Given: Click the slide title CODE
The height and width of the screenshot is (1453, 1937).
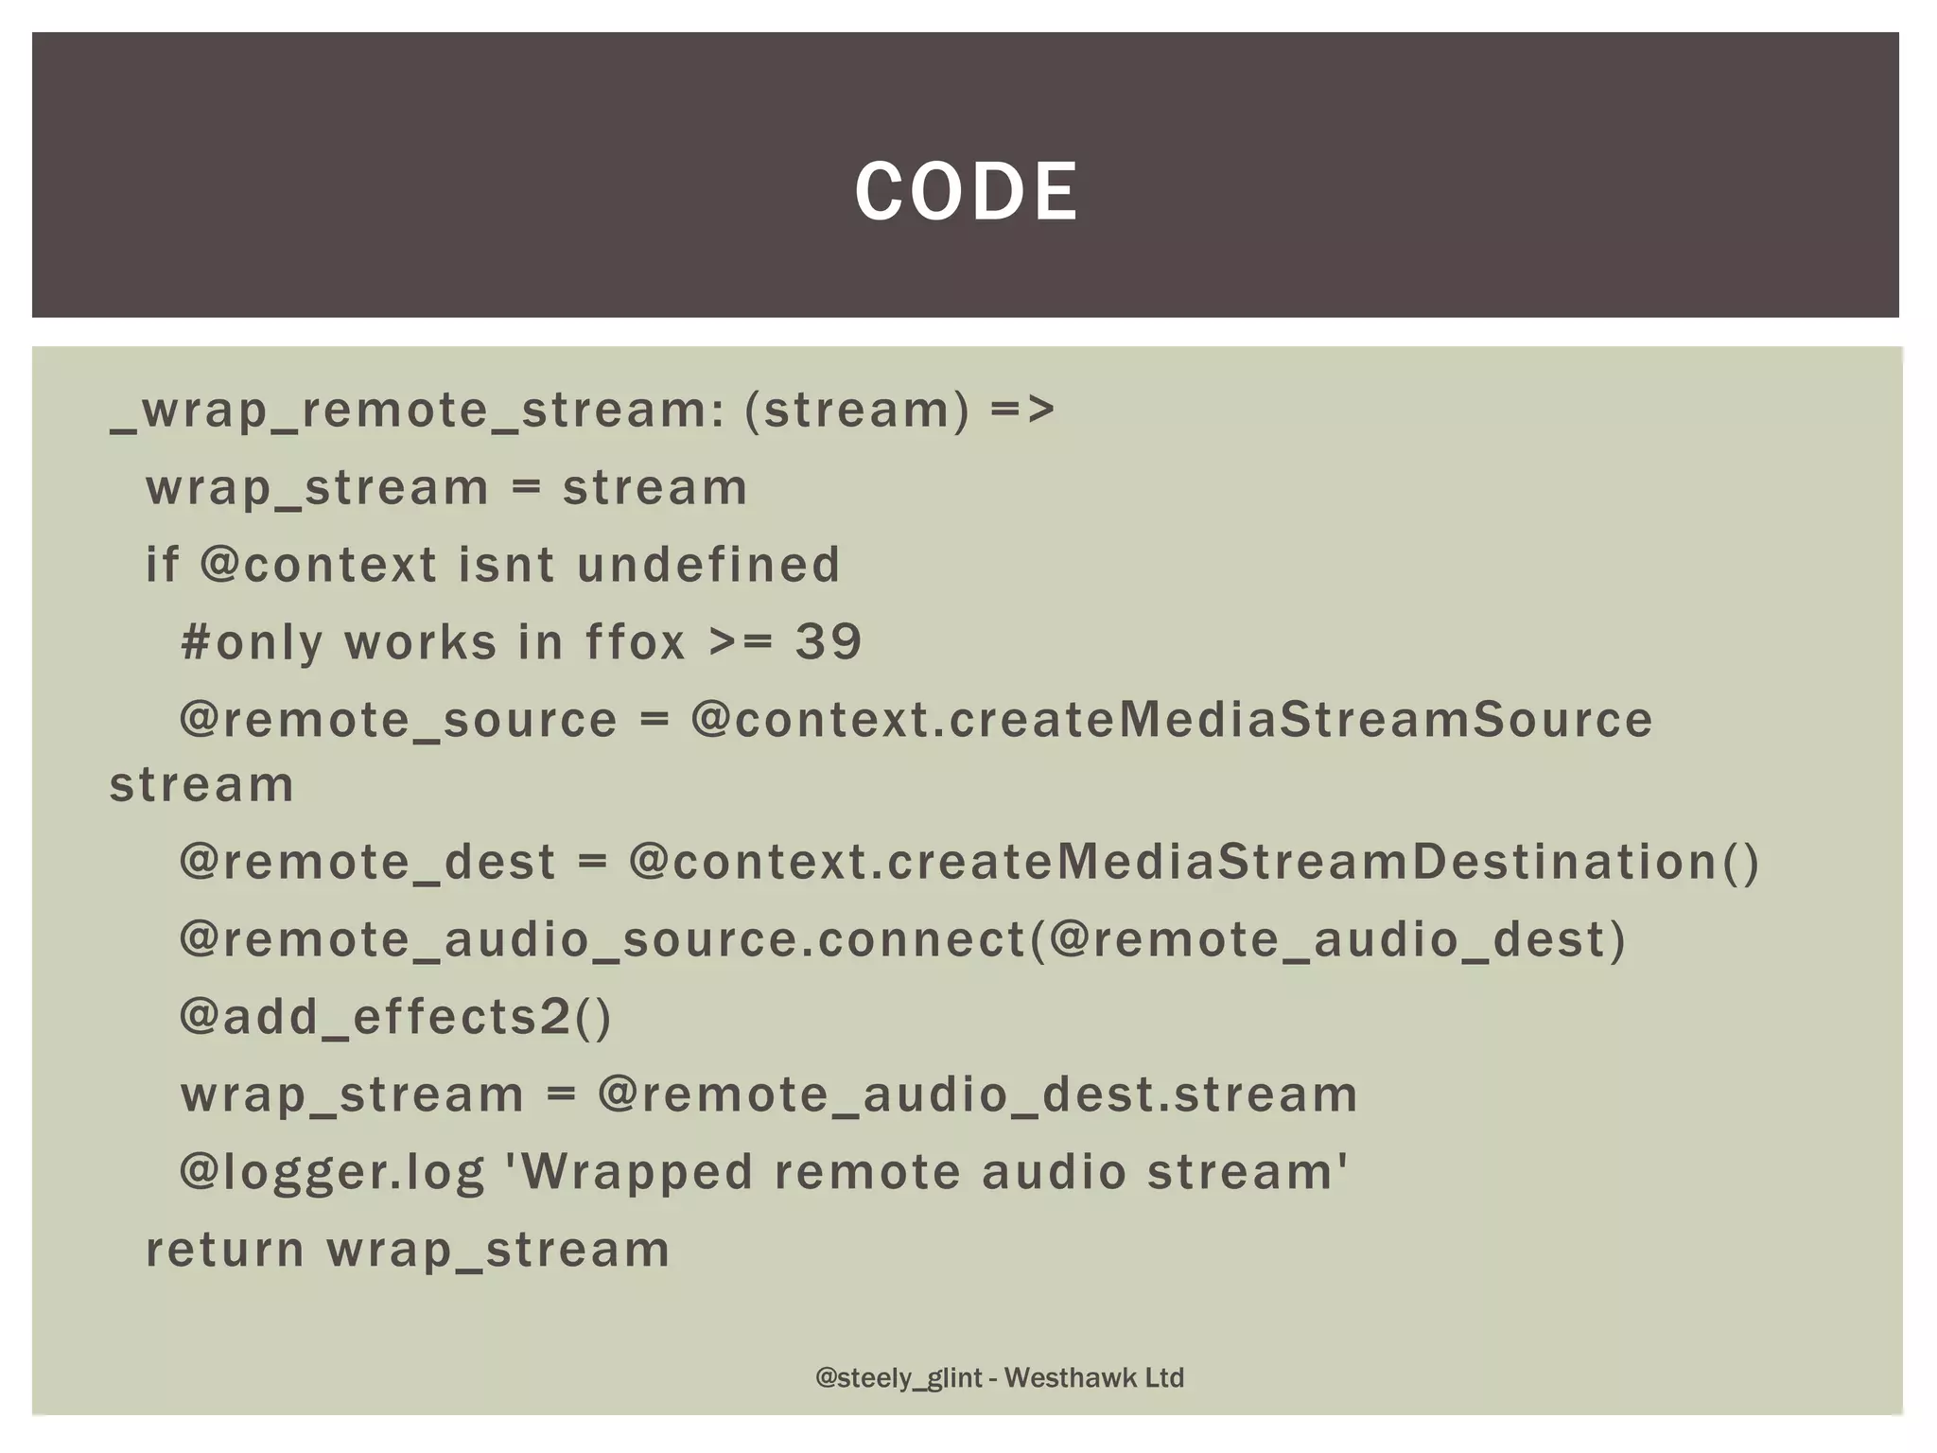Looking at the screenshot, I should coord(966,192).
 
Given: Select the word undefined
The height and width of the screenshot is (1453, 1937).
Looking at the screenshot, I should coord(708,565).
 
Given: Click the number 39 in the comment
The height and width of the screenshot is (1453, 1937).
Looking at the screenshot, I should coord(829,642).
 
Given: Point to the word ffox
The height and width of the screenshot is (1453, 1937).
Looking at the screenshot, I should coord(635,642).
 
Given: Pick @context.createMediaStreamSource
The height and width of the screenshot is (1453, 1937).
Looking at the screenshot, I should coord(1171,720).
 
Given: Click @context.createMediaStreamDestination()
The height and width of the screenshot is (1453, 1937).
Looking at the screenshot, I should coord(1194,862).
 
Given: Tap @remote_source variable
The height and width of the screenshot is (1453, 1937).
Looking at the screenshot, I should coord(398,720).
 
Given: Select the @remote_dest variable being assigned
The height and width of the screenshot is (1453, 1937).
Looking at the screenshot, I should coord(368,862).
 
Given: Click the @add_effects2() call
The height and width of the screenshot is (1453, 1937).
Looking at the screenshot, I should coord(396,1017).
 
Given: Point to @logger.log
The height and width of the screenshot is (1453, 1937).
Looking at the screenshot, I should coord(332,1172).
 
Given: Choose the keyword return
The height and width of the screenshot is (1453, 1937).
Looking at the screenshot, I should coord(225,1250).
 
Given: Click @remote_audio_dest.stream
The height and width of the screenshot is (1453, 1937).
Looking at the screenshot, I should coord(977,1094).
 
